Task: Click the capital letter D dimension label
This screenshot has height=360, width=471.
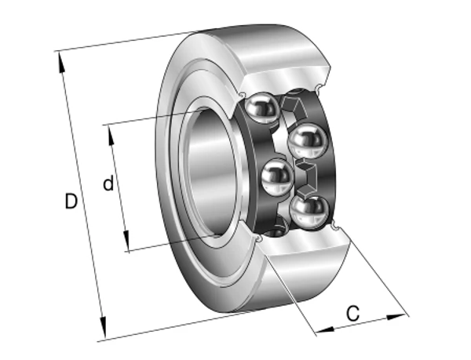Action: [x=71, y=201]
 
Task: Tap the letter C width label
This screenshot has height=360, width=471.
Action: [x=352, y=314]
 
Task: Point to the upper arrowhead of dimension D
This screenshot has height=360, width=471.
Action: [x=60, y=62]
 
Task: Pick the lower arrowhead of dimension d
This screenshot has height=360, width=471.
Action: [x=126, y=241]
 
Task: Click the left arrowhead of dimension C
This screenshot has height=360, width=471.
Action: [x=325, y=330]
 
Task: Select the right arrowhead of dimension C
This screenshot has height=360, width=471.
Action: [x=396, y=317]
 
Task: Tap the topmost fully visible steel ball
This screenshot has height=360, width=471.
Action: [x=262, y=107]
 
